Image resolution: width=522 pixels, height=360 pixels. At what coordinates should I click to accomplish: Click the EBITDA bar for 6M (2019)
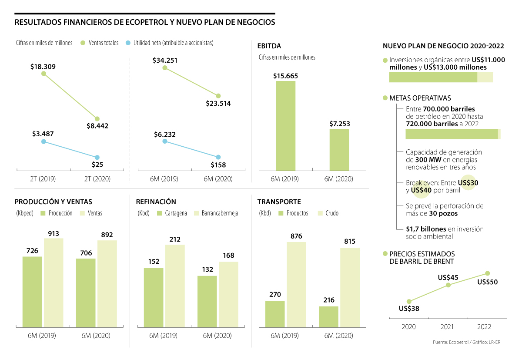coord(285,125)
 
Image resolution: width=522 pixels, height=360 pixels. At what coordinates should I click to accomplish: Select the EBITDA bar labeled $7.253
coord(339,149)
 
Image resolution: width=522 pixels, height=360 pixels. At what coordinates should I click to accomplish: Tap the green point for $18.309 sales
coord(43,74)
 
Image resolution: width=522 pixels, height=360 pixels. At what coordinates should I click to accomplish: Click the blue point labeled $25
coord(97,157)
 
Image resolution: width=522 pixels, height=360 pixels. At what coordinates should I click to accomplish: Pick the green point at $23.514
coord(218,96)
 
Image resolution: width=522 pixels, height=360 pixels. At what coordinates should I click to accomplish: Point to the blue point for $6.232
coord(164,141)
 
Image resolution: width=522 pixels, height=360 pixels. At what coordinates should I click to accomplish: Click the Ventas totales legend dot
coord(83,43)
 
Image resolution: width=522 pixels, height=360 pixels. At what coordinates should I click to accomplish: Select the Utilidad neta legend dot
coord(128,43)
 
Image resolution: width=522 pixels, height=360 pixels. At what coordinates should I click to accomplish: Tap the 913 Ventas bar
coord(54,282)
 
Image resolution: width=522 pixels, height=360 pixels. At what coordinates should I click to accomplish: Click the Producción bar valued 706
coord(86,293)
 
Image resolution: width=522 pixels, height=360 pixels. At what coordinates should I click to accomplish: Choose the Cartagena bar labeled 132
coord(207,301)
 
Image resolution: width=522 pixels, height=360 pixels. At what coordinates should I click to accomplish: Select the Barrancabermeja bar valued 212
coord(175,286)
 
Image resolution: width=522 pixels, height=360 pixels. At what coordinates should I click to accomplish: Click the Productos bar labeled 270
coord(275,314)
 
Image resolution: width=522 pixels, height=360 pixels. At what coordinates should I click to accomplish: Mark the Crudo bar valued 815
coord(350,287)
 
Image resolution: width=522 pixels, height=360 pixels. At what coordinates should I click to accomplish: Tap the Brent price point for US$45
coord(448,285)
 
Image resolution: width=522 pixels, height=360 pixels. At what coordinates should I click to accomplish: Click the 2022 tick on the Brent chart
coord(485,327)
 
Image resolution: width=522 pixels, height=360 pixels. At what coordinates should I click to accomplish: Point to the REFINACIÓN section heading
coord(156,202)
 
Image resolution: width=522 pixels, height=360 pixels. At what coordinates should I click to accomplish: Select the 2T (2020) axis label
coord(97,178)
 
